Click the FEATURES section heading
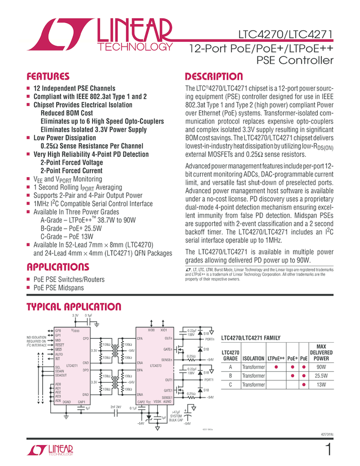pos(48,77)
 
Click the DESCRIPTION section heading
pos(214,77)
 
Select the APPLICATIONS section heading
pos(58,268)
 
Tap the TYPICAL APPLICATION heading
pos(74,307)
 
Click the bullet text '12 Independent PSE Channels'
pos(75,88)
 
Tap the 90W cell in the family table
pos(321,367)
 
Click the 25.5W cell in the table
pos(321,376)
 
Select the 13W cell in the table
pos(321,384)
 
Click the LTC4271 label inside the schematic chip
pos(71,365)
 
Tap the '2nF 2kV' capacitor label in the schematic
pos(116,407)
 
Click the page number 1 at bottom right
pos(328,451)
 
